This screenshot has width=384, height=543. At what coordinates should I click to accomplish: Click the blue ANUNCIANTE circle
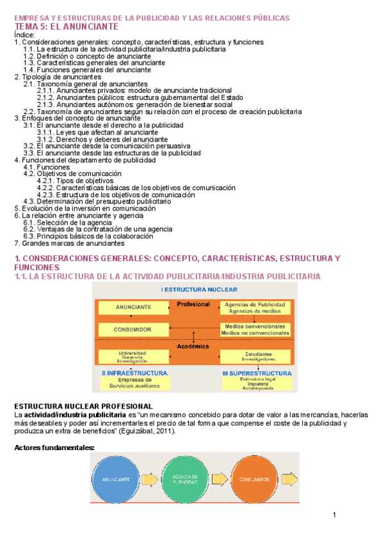[115, 479]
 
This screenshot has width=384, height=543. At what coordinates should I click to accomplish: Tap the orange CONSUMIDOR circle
[255, 479]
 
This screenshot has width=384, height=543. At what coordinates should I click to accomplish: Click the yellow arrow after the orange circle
[289, 479]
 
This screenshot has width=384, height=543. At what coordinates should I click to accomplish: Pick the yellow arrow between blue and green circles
[150, 479]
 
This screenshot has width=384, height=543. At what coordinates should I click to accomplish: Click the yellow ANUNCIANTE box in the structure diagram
[133, 307]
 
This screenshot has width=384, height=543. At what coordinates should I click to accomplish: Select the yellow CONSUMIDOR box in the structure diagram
[133, 329]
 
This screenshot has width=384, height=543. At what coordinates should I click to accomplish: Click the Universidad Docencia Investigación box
[132, 356]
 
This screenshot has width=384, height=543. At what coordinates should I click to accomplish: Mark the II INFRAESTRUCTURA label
[134, 373]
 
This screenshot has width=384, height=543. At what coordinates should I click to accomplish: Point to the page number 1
[334, 515]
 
